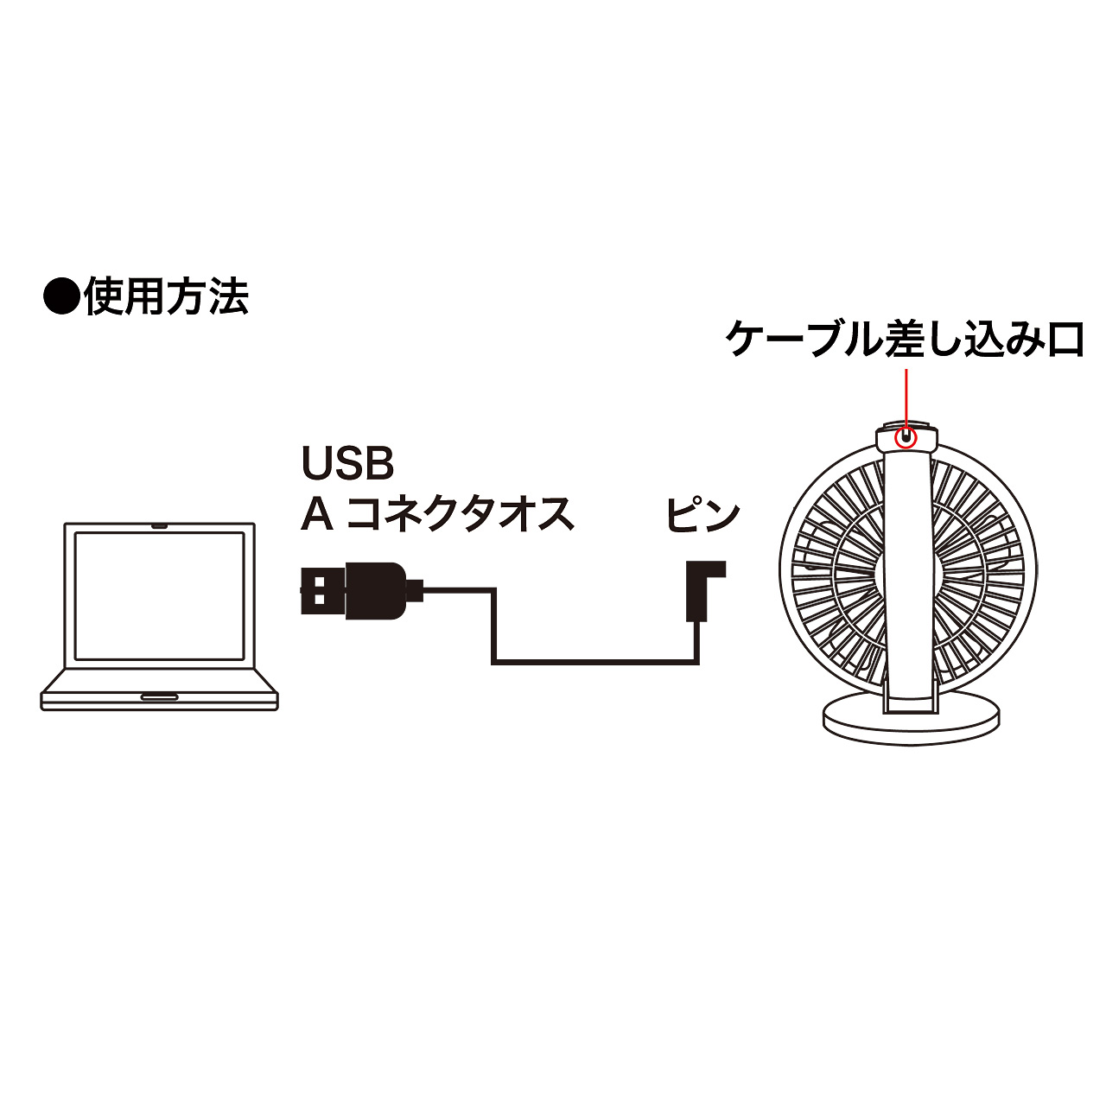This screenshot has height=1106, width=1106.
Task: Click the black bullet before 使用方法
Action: pyautogui.click(x=60, y=296)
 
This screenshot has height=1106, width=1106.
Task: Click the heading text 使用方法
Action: pyautogui.click(x=167, y=296)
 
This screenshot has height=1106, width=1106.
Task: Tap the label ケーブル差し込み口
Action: pyautogui.click(x=905, y=340)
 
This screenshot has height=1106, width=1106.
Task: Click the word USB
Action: pyautogui.click(x=348, y=463)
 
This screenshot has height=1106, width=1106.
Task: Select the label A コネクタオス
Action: pyautogui.click(x=437, y=513)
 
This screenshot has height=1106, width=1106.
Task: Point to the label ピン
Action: pyautogui.click(x=702, y=513)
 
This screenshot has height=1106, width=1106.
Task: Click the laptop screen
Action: pyautogui.click(x=160, y=595)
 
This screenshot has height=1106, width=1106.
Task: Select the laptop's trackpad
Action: pyautogui.click(x=160, y=697)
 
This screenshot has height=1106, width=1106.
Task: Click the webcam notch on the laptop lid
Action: pyautogui.click(x=160, y=525)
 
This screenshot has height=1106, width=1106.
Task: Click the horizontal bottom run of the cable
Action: pyautogui.click(x=595, y=663)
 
